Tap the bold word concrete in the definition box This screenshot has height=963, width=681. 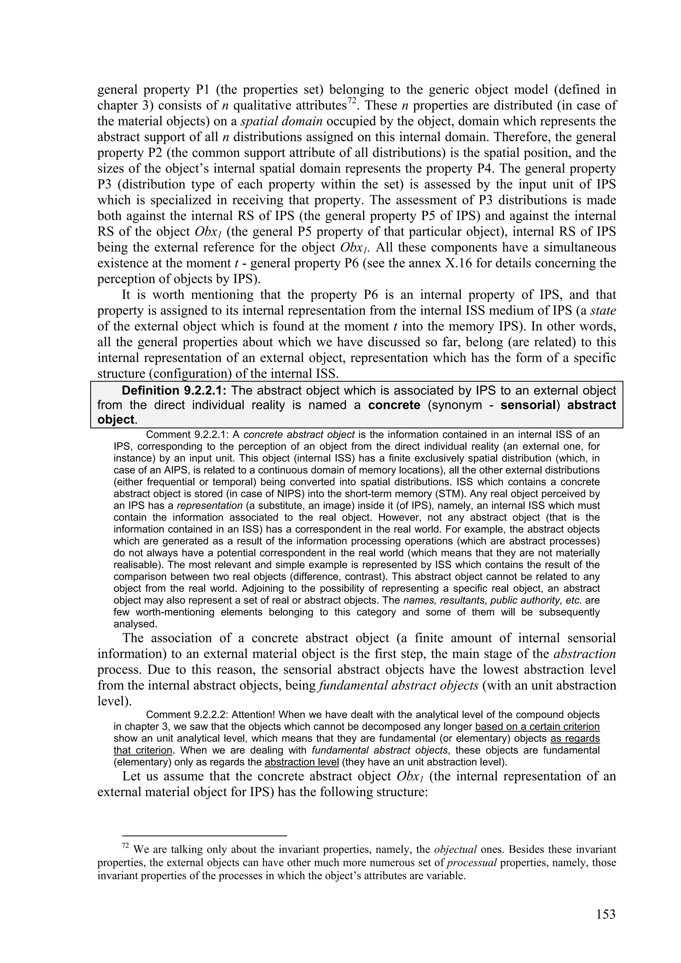[394, 405]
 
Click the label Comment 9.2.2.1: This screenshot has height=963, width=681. [187, 434]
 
